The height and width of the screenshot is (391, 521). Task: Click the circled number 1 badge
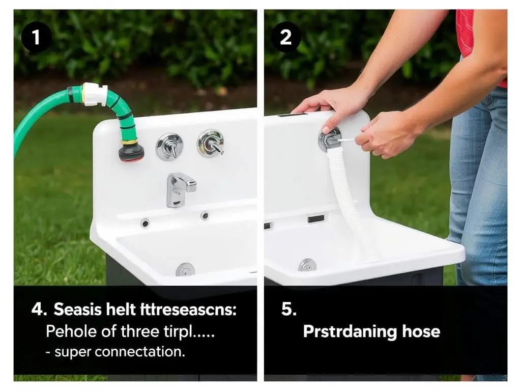36,38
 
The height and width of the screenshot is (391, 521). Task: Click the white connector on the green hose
95,94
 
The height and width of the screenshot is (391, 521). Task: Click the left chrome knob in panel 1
170,146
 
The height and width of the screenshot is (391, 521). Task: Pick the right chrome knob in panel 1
211,143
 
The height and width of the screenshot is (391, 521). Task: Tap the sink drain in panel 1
185,269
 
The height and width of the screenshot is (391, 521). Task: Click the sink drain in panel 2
307,265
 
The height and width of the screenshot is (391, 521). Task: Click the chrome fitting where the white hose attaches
330,139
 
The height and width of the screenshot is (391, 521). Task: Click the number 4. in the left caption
39,309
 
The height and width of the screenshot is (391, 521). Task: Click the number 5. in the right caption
288,309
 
